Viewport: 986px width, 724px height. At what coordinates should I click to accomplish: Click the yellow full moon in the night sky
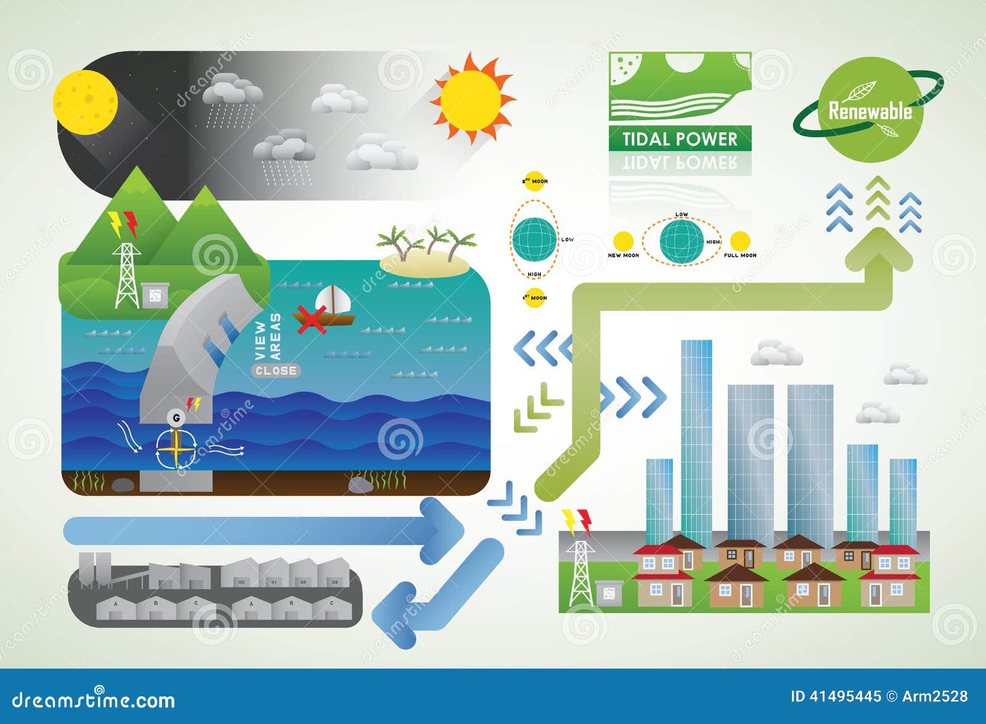point(85,102)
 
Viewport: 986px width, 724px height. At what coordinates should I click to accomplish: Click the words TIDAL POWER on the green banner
point(679,139)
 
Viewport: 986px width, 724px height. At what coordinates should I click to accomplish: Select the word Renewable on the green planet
point(870,111)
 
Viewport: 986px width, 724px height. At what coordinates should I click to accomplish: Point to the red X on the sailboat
point(311,320)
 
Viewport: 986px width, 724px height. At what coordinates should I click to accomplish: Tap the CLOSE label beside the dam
point(275,371)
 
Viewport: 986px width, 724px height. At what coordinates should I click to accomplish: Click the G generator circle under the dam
point(177,418)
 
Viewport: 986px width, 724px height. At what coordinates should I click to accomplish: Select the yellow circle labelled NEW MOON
point(623,240)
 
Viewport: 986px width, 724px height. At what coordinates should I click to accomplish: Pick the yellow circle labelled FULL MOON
point(739,240)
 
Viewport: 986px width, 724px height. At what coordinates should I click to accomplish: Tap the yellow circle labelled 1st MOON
point(534,297)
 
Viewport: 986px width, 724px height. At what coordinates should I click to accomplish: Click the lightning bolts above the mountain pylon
point(123,224)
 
